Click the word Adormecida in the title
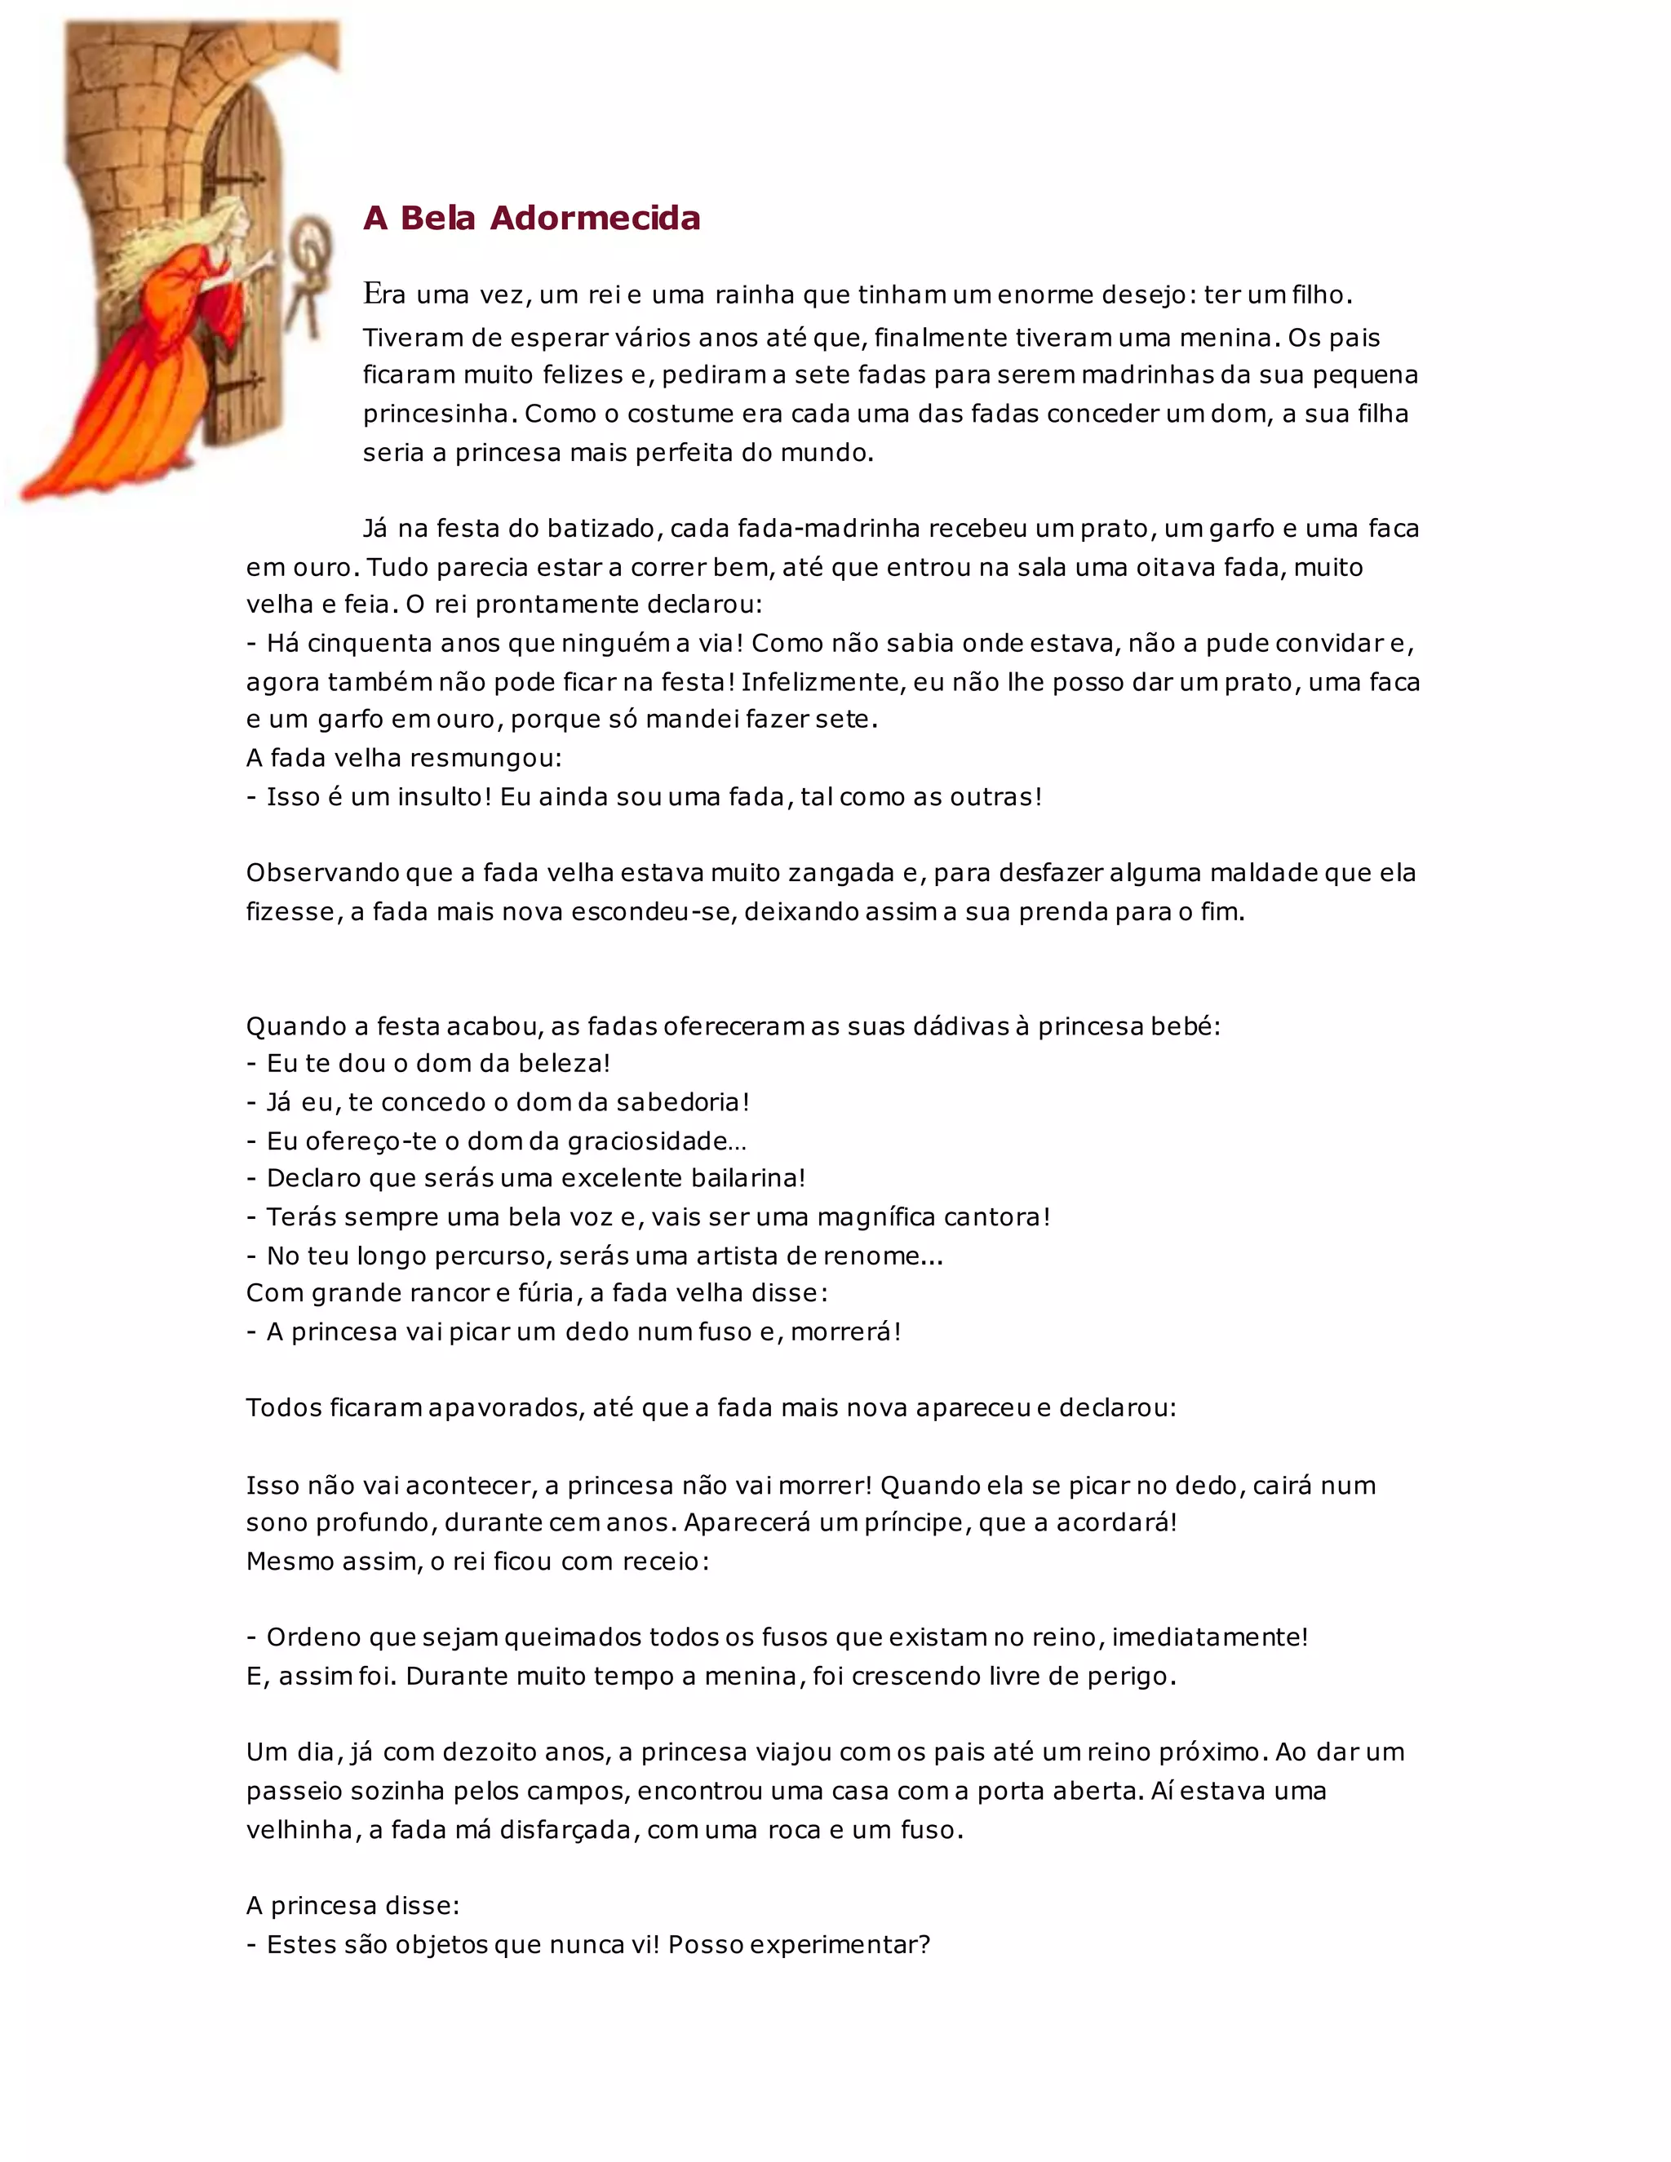pos(595,218)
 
